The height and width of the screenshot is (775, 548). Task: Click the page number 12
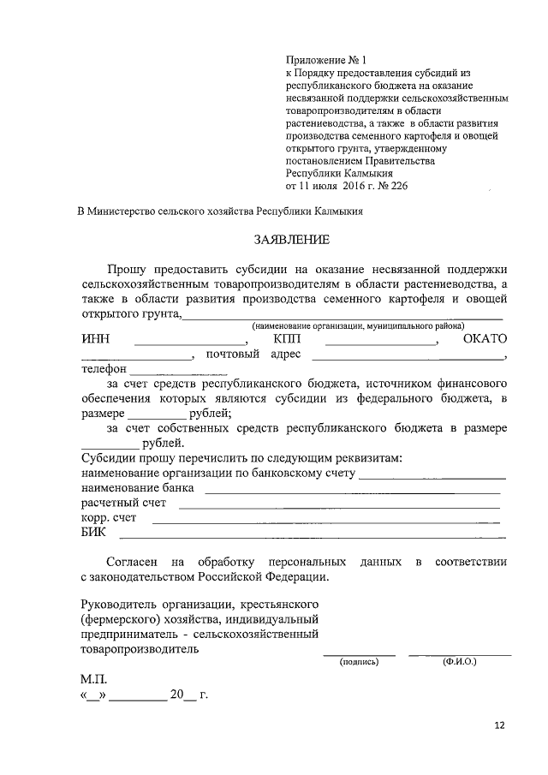(x=500, y=725)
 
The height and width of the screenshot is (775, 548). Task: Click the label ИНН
(x=97, y=339)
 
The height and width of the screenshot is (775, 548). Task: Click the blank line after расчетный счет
(x=339, y=506)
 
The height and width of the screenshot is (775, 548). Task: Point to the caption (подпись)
(x=359, y=662)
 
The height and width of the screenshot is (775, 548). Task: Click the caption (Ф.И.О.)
(x=459, y=662)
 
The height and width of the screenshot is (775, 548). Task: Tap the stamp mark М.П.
(x=94, y=678)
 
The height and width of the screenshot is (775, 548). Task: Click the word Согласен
(x=132, y=562)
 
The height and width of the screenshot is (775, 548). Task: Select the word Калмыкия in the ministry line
(x=337, y=211)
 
